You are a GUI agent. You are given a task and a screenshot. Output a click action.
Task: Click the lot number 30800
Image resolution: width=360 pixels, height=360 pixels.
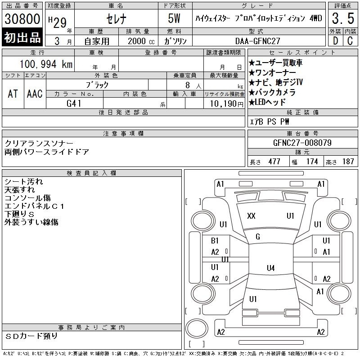coord(22,18)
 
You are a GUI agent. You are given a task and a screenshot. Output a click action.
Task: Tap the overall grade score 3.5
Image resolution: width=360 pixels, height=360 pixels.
coord(343,18)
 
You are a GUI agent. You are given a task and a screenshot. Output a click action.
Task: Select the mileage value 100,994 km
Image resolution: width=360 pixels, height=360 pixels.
coord(46,64)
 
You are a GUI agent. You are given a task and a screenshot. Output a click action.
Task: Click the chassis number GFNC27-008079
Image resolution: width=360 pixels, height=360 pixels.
coord(302,143)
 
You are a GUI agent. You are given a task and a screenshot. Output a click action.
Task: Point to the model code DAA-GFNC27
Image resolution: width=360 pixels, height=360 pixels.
coord(257,41)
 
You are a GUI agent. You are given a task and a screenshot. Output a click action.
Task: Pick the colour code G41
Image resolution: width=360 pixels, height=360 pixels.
coord(74,103)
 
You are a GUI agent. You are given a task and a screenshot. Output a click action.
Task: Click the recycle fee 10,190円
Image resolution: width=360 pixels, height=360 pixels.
coord(227,104)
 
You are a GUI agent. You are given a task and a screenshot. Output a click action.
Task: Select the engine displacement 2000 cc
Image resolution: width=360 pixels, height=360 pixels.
coord(141,41)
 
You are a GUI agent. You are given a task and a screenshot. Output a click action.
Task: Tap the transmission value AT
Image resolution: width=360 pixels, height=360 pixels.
coord(13,94)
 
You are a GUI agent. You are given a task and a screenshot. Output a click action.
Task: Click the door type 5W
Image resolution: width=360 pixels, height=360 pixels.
coord(174,18)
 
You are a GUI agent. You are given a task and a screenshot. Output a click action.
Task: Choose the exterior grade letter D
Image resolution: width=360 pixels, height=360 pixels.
coord(335,41)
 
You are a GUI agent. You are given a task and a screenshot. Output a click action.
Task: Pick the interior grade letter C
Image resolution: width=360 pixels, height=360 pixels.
coord(350,41)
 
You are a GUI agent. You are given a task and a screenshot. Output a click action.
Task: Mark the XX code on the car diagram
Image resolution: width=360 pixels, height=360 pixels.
coord(251,216)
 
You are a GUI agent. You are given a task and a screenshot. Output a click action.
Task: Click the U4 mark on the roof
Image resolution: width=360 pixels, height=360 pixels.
coord(271,268)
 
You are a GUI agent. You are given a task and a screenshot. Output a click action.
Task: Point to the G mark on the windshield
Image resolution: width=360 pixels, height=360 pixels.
coord(258,237)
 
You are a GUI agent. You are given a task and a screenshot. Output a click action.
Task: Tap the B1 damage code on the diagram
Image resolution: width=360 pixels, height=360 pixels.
coord(215,241)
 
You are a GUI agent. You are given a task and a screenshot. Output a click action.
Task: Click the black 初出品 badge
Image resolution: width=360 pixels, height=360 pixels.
coord(22,37)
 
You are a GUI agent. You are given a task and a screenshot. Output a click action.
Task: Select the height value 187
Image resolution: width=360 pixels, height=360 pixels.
coord(348,162)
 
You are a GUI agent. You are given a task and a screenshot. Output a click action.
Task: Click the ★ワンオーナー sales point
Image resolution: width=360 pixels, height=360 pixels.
coord(272,73)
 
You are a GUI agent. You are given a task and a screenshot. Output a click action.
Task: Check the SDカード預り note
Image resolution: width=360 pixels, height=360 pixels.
coord(31,336)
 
